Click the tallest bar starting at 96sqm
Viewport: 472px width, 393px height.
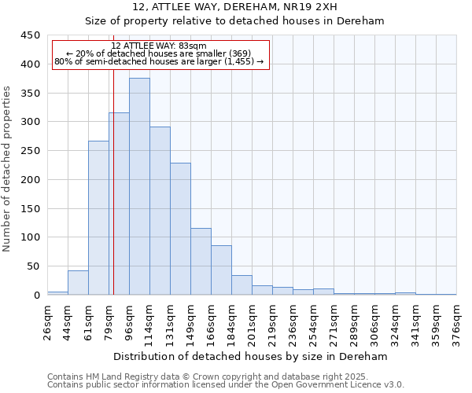tap(139, 186)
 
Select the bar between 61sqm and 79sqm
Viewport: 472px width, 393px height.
tap(98, 218)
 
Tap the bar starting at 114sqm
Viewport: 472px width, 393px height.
tap(160, 211)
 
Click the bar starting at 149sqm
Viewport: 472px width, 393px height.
tap(201, 262)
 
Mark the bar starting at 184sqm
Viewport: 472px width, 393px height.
tap(242, 285)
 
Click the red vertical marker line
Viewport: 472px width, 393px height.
tap(113, 196)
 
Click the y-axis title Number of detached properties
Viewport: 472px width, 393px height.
tap(9, 169)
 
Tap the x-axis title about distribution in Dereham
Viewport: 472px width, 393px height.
tap(252, 356)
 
